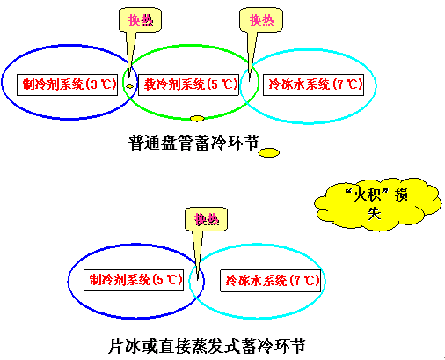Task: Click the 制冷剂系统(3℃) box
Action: [67, 84]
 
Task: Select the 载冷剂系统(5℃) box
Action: [188, 84]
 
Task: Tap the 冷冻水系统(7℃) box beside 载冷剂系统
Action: [313, 84]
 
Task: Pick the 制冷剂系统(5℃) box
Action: [134, 280]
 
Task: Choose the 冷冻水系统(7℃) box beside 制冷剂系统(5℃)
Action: [270, 281]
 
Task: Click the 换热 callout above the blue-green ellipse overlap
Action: [140, 19]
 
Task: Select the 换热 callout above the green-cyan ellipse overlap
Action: [261, 19]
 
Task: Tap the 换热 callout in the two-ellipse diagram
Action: [206, 219]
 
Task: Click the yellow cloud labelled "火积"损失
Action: [377, 203]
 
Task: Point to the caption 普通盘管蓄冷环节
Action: [194, 143]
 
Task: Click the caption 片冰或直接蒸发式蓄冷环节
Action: [207, 346]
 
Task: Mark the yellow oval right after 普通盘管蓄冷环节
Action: [269, 152]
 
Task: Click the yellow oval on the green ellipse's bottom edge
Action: [197, 119]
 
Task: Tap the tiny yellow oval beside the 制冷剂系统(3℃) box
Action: [130, 86]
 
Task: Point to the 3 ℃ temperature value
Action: [101, 84]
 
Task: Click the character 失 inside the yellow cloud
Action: [375, 213]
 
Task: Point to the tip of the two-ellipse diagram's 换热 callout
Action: [198, 280]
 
